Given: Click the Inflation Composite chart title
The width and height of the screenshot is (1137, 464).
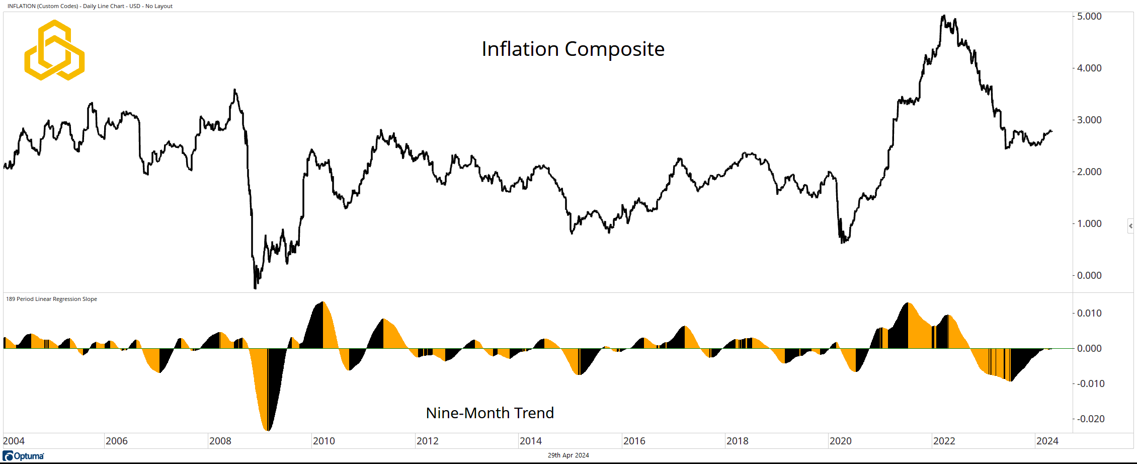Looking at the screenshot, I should (573, 49).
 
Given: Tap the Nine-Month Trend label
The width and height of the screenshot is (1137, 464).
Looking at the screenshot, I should (490, 413).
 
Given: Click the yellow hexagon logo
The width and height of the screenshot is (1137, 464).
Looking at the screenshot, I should (54, 50).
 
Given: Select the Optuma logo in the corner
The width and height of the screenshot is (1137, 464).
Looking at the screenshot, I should (24, 456).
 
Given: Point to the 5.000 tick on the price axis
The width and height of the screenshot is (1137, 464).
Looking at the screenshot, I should (1089, 17).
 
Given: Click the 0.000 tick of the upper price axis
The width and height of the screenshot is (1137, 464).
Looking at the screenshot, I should (1089, 276).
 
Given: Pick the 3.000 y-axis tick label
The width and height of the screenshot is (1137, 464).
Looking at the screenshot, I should (1089, 120).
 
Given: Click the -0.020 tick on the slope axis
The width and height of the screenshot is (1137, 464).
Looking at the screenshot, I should (1090, 419).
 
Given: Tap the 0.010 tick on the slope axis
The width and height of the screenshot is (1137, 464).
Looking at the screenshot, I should (1089, 314).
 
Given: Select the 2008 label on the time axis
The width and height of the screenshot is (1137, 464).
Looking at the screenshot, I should (220, 441).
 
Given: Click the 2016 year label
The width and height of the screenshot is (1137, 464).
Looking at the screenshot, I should (634, 441).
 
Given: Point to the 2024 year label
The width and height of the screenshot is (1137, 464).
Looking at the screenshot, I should (1047, 441).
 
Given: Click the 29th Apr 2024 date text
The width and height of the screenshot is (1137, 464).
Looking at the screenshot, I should (568, 455).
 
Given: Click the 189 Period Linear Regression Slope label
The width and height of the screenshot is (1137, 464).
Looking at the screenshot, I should (51, 299).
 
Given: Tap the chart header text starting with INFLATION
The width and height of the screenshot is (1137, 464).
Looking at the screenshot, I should (90, 6).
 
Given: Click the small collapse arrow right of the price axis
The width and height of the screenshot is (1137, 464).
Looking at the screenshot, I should (1130, 226).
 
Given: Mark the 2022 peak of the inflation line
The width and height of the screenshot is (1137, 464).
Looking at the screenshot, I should (943, 16).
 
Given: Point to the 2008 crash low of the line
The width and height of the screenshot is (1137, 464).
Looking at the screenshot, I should (255, 288).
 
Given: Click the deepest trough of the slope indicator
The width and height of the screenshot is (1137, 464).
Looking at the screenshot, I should (267, 430).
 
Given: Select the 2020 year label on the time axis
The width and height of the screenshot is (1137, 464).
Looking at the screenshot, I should (840, 441).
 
